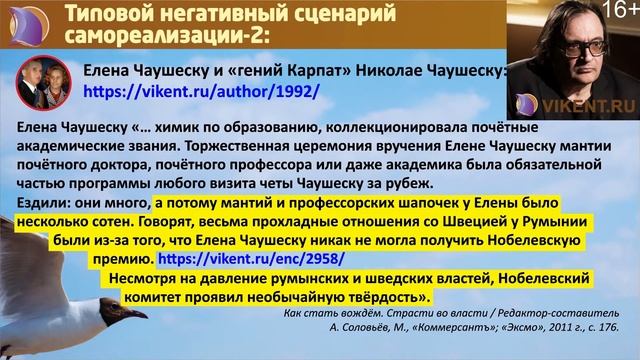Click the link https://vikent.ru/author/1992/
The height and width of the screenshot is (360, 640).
tap(201, 90)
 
